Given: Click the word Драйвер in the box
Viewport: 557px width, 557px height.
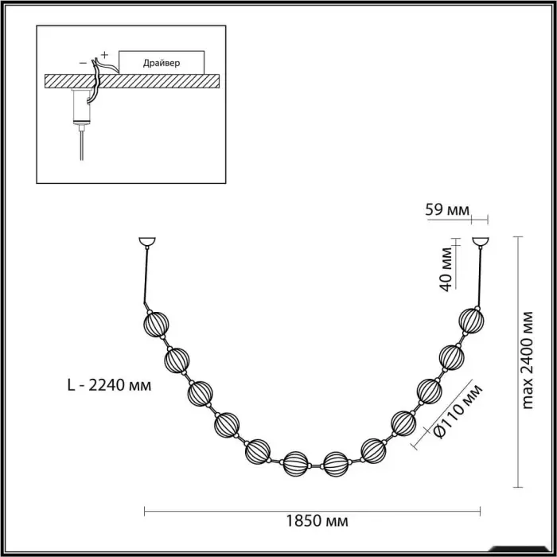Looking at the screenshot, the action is [x=162, y=63].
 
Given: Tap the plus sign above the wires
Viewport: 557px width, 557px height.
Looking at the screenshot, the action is [x=104, y=55].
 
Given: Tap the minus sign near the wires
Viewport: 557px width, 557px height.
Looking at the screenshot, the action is [x=83, y=63].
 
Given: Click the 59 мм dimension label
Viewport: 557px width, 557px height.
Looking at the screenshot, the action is [x=447, y=210].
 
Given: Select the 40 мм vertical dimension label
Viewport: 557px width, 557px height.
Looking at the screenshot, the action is [x=446, y=269].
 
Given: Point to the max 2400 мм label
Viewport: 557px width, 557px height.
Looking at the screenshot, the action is [x=528, y=360].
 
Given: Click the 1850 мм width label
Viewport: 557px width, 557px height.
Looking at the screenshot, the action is [x=317, y=521].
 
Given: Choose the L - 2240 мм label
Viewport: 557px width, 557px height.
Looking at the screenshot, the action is [x=110, y=385].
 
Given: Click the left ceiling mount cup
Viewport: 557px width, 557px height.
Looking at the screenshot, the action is [x=147, y=242].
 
